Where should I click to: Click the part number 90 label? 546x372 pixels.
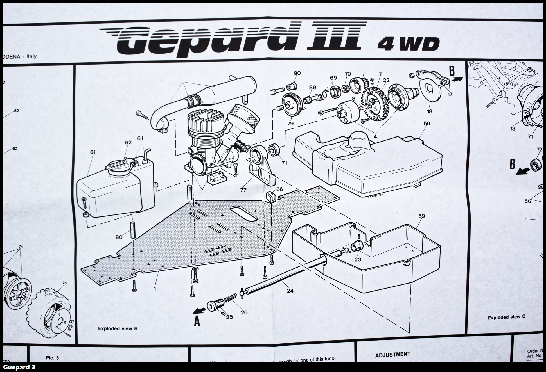[297, 73]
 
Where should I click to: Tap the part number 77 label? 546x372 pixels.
[243, 190]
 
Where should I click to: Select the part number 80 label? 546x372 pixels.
[119, 237]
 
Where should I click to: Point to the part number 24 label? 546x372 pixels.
[290, 291]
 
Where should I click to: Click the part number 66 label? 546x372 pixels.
[279, 189]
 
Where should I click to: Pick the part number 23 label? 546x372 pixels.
[358, 260]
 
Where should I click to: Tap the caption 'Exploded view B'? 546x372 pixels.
[118, 328]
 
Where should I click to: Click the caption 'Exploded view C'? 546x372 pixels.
[506, 318]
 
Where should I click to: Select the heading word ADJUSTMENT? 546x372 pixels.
[392, 355]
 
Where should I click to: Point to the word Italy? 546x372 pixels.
[31, 56]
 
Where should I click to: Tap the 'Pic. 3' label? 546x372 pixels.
[52, 358]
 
